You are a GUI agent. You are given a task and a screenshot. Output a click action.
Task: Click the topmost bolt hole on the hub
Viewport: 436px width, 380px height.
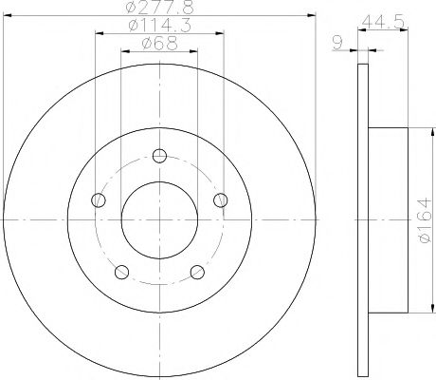[159, 157]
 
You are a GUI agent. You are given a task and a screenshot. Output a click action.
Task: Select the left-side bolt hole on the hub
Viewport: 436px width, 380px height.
[98, 200]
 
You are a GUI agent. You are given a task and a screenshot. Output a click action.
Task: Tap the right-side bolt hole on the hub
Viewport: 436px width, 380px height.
[221, 199]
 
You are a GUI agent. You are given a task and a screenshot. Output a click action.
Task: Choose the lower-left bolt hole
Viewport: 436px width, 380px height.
[120, 274]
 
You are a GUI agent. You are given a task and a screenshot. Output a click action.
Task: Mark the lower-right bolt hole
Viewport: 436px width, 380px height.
[198, 274]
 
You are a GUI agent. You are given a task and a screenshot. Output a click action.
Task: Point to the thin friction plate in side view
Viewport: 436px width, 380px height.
[361, 219]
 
